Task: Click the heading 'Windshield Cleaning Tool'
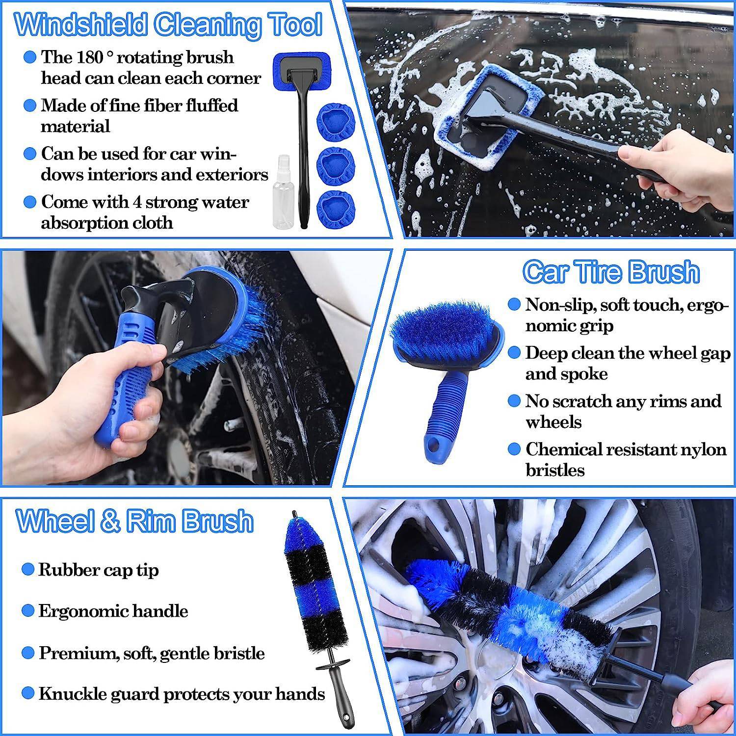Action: (x=168, y=25)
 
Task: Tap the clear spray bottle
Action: (x=284, y=196)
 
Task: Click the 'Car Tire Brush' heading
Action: (x=610, y=271)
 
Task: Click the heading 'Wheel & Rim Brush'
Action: (x=135, y=521)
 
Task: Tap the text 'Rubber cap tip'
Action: (x=98, y=570)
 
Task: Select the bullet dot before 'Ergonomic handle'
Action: (x=28, y=611)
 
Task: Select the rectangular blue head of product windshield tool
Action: (x=302, y=72)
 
